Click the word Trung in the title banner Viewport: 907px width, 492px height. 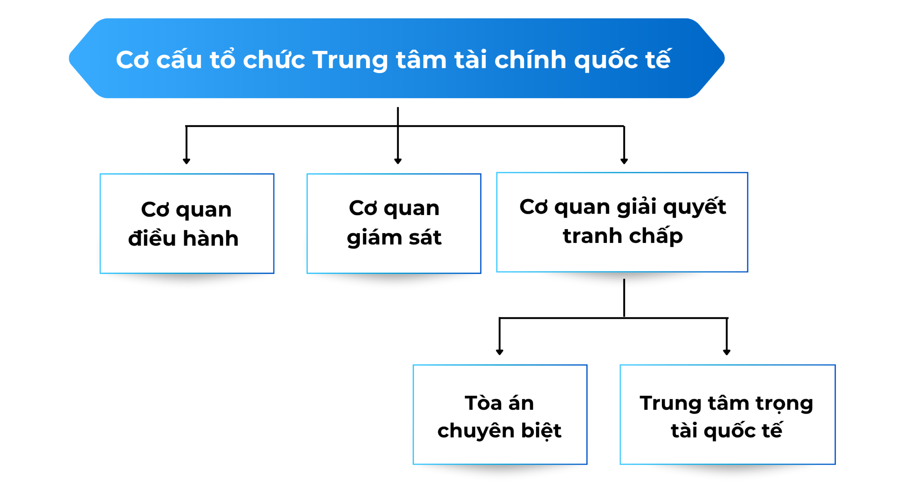(350, 60)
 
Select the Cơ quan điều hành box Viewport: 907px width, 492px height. (187, 223)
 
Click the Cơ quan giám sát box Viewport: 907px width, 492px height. (394, 223)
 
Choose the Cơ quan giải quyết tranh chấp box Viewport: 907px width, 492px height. (622, 222)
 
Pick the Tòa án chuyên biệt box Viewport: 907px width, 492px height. (500, 414)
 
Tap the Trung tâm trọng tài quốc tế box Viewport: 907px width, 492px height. (727, 414)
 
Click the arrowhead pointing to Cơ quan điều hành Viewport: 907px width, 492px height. (186, 161)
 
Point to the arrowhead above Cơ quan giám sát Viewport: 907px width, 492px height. (398, 161)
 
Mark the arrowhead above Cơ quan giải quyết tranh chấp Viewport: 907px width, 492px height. (624, 161)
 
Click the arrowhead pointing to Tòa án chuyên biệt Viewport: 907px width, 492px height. (500, 352)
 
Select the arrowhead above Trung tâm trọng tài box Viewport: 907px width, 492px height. (727, 352)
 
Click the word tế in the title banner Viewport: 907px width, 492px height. (658, 58)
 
